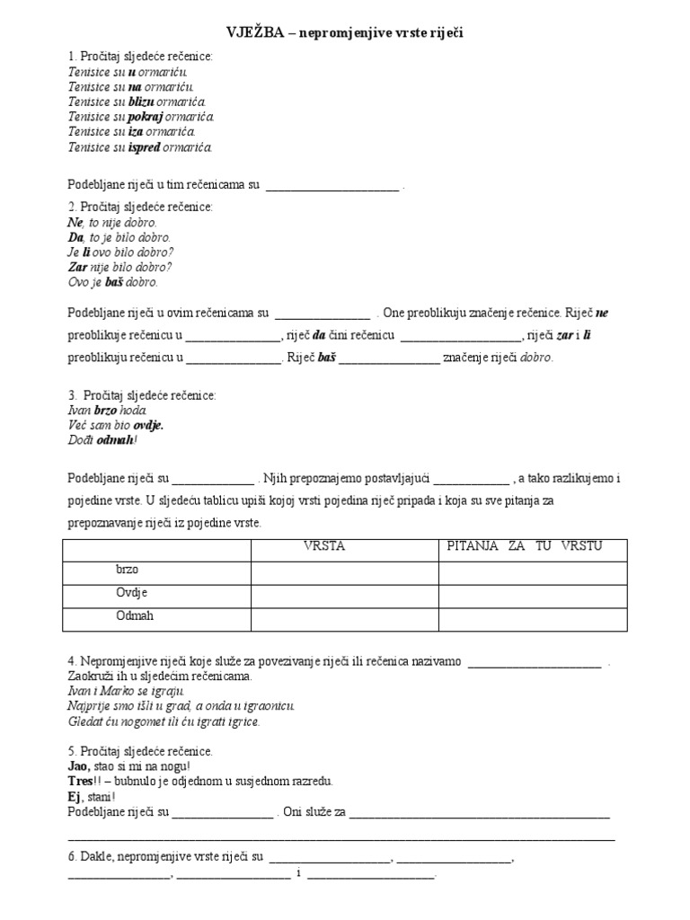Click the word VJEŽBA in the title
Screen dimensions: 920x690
pos(257,32)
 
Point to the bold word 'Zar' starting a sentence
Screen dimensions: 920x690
pos(79,267)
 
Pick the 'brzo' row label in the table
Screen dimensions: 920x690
pos(128,570)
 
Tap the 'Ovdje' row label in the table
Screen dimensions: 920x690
pos(131,593)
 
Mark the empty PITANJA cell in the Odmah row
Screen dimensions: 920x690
pos(526,618)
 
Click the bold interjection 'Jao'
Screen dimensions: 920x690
pos(79,765)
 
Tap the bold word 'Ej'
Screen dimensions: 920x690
pos(74,796)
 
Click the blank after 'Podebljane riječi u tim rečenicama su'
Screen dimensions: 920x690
pos(332,186)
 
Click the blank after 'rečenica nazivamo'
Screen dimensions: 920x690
pos(535,662)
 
